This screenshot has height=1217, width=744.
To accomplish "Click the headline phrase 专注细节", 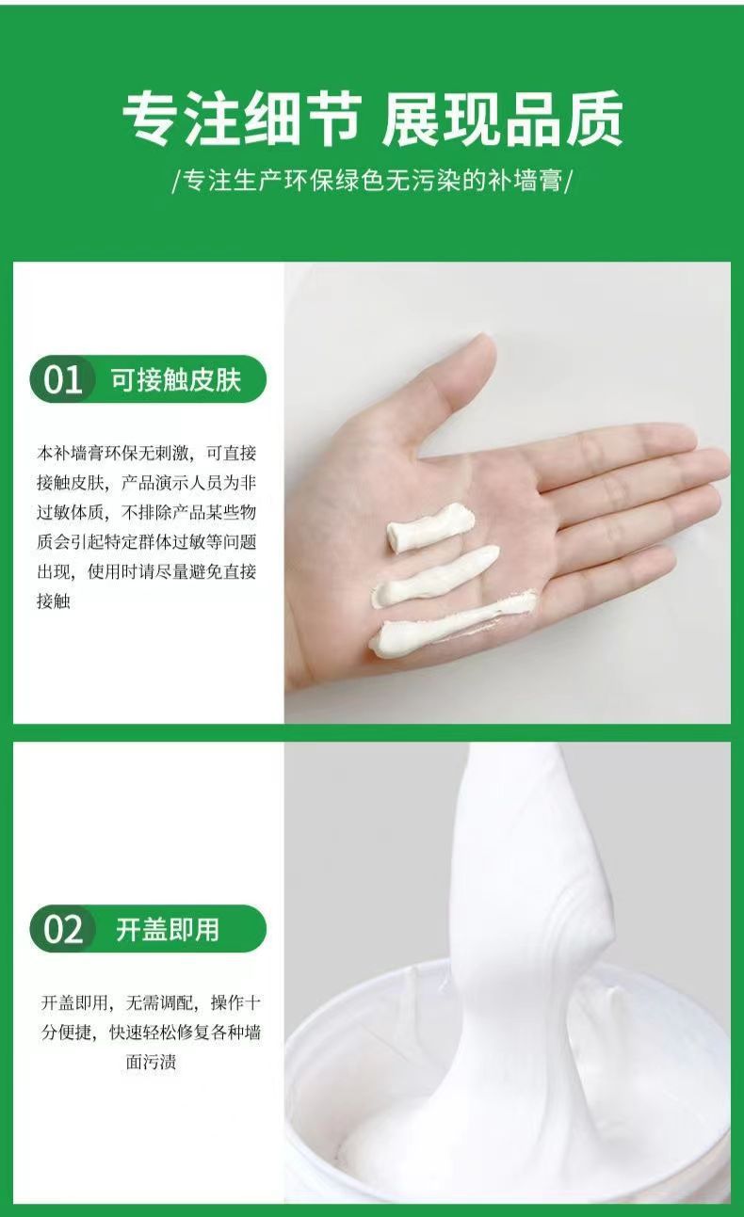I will (241, 120).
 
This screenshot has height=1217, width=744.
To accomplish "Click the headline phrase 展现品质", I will (502, 120).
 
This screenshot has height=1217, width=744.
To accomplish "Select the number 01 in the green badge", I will (63, 380).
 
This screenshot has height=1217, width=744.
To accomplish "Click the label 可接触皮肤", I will (176, 380).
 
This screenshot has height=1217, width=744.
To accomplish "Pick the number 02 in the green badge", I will (63, 930).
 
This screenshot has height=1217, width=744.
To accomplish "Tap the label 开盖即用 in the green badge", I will (168, 930).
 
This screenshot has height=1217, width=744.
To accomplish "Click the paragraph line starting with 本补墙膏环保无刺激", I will (147, 453).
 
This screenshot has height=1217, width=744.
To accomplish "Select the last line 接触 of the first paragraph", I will (53, 600).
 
